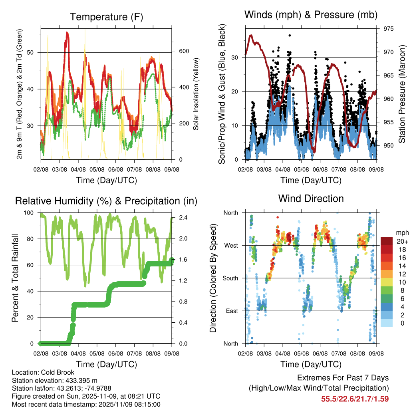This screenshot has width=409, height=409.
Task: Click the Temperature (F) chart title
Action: click(106, 17)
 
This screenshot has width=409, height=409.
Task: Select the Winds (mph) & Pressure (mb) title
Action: click(311, 15)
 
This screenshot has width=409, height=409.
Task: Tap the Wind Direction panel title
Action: click(311, 199)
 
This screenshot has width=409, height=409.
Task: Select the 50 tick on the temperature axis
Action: click(34, 52)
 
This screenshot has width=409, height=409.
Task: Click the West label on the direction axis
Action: click(231, 245)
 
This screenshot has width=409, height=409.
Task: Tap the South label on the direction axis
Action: click(230, 278)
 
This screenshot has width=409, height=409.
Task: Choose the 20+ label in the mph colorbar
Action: click(401, 241)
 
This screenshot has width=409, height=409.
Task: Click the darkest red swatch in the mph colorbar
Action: click(386, 241)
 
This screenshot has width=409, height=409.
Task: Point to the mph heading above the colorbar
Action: click(401, 232)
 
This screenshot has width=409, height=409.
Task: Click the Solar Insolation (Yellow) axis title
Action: click(196, 95)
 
